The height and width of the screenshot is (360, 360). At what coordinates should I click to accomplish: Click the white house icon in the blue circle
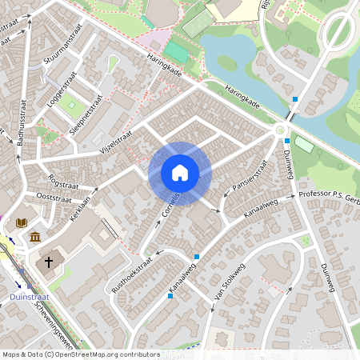[180, 172]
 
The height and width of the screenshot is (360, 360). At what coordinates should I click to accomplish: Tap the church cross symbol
[49, 262]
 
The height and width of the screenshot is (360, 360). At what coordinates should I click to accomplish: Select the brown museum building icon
[35, 237]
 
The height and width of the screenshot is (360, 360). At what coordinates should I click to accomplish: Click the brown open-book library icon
[22, 222]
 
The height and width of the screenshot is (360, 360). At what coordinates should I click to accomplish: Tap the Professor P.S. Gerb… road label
[329, 195]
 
